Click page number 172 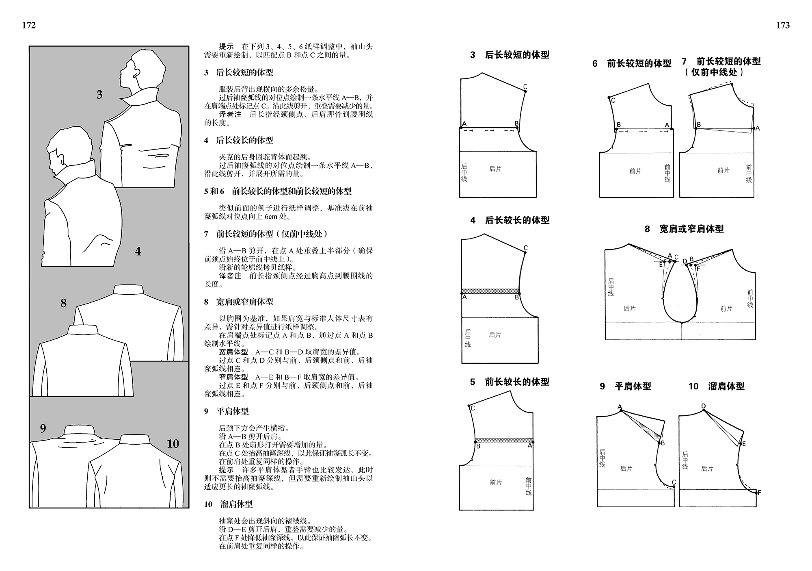(29, 25)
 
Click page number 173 (783, 25)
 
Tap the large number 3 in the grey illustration (99, 95)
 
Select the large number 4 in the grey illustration (138, 252)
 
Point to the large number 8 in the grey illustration (63, 303)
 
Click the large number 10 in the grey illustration (173, 444)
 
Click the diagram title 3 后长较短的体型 (510, 55)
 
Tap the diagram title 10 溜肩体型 (716, 386)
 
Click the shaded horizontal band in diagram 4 (490, 291)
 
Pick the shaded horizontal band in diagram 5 (503, 440)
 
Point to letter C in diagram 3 (525, 87)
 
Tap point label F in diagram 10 (759, 493)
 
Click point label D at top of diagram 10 (704, 406)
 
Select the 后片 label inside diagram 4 (495, 335)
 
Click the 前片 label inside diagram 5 (495, 482)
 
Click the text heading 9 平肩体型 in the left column (227, 411)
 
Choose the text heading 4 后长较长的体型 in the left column (238, 140)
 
